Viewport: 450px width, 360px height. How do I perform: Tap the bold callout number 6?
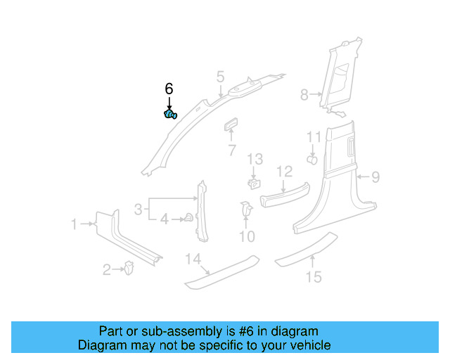pos(169,89)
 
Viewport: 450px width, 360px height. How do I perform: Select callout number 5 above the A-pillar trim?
pos(220,76)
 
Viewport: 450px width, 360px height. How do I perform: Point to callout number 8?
pos(304,94)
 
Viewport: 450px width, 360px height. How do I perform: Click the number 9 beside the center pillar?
pos(375,177)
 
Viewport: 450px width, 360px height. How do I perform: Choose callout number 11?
pos(313,137)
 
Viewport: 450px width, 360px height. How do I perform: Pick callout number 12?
pos(284,172)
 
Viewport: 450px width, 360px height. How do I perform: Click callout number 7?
pos(231,150)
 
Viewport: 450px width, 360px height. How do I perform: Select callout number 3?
pos(139,208)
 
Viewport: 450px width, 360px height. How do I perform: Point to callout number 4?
pos(165,219)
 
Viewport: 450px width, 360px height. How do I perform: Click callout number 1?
pos(74,224)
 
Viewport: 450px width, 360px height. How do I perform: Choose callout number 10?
pos(246,236)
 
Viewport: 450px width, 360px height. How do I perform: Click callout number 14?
pos(193,259)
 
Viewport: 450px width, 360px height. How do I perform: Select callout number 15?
pos(314,276)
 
